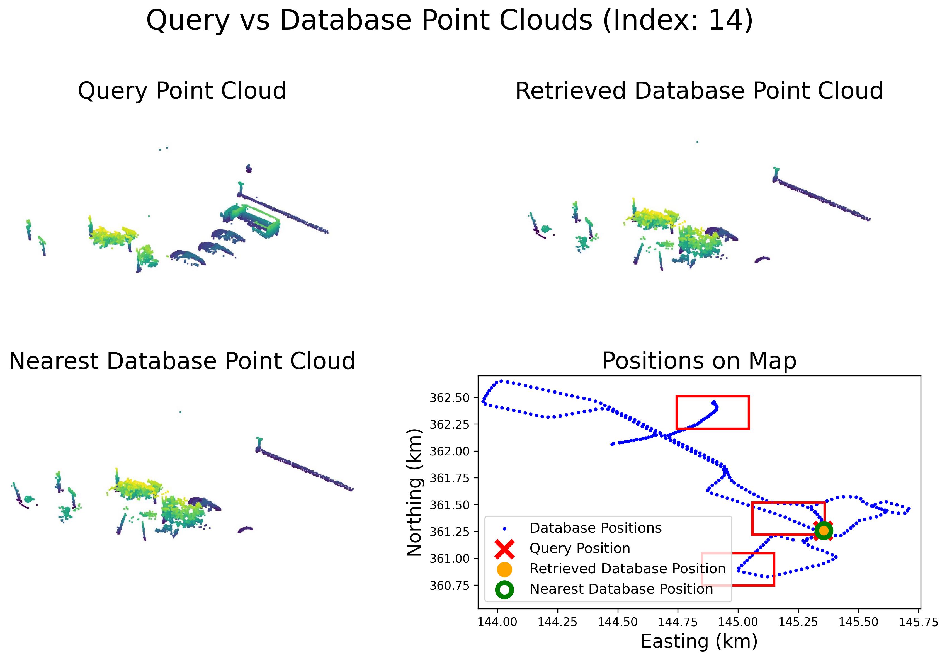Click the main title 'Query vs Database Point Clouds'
(x=450, y=21)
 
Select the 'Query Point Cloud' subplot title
(x=182, y=91)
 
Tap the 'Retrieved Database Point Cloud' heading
(x=699, y=91)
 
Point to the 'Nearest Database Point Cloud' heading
(x=182, y=361)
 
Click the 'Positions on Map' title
(x=699, y=361)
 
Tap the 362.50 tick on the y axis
(x=450, y=398)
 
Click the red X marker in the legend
(x=504, y=549)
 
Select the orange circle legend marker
(x=504, y=569)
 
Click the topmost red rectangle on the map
(x=712, y=412)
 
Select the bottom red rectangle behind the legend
(x=774, y=569)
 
